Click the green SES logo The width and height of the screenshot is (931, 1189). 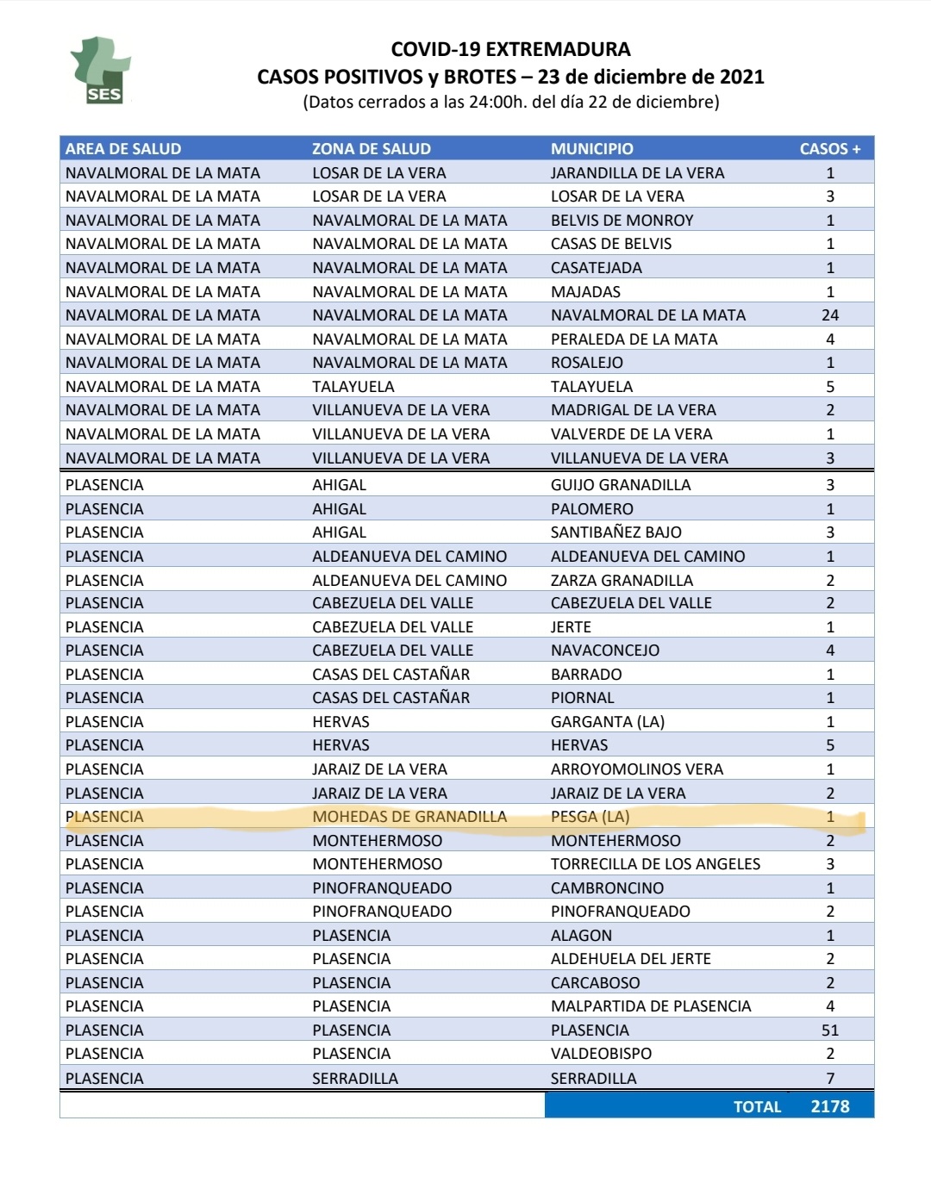pyautogui.click(x=100, y=71)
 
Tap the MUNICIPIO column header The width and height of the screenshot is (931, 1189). pyautogui.click(x=592, y=148)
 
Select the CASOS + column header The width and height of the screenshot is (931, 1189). pyautogui.click(x=829, y=148)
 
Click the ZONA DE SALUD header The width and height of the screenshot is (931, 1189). pyautogui.click(x=371, y=148)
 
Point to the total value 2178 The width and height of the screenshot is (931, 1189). pyautogui.click(x=829, y=1106)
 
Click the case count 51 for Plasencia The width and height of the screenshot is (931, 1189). pyautogui.click(x=829, y=1030)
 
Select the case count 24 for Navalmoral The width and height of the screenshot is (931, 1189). pyautogui.click(x=829, y=315)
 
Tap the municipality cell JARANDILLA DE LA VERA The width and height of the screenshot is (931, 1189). pyautogui.click(x=637, y=172)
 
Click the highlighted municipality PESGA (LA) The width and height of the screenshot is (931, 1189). pyautogui.click(x=590, y=816)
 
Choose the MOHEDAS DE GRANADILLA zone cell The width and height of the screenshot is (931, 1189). pyautogui.click(x=409, y=816)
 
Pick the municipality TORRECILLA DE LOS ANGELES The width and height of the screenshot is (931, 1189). pyautogui.click(x=655, y=863)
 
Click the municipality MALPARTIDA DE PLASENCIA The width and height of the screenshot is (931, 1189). pyautogui.click(x=651, y=1005)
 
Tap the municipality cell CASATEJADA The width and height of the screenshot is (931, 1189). pyautogui.click(x=596, y=268)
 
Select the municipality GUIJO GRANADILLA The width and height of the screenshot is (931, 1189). pyautogui.click(x=621, y=484)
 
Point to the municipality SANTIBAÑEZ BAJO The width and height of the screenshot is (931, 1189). pyautogui.click(x=615, y=532)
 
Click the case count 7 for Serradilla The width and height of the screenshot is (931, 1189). pyautogui.click(x=829, y=1078)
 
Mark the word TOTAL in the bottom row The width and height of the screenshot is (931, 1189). pyautogui.click(x=757, y=1106)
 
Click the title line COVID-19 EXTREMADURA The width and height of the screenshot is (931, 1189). pyautogui.click(x=510, y=49)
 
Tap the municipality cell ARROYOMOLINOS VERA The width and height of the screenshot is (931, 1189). pyautogui.click(x=636, y=769)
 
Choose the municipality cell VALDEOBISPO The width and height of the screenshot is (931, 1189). pyautogui.click(x=601, y=1053)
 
